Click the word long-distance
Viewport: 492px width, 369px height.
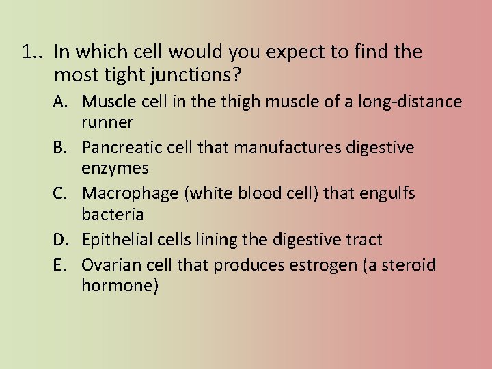point(407,102)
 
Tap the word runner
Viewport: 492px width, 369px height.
point(107,122)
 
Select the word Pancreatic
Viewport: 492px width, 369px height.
point(126,148)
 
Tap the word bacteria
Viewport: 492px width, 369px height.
point(112,214)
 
